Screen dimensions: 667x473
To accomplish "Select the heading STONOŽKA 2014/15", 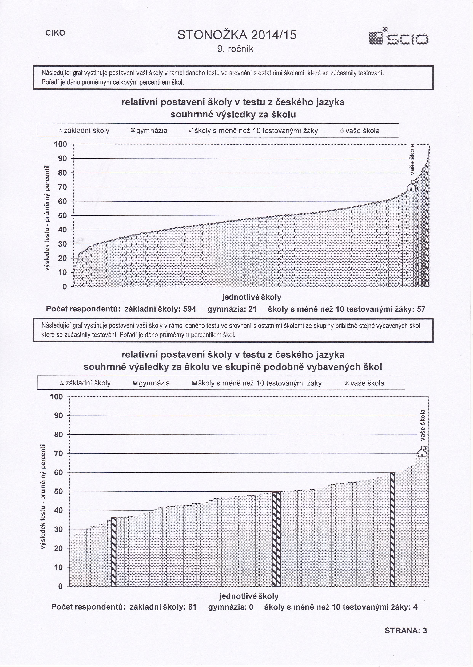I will tap(237, 35).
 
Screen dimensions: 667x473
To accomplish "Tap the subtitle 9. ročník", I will tap(236, 49).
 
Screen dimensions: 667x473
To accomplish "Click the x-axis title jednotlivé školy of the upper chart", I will tap(252, 297).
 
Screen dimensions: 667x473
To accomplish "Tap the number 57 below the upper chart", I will tap(421, 309).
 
